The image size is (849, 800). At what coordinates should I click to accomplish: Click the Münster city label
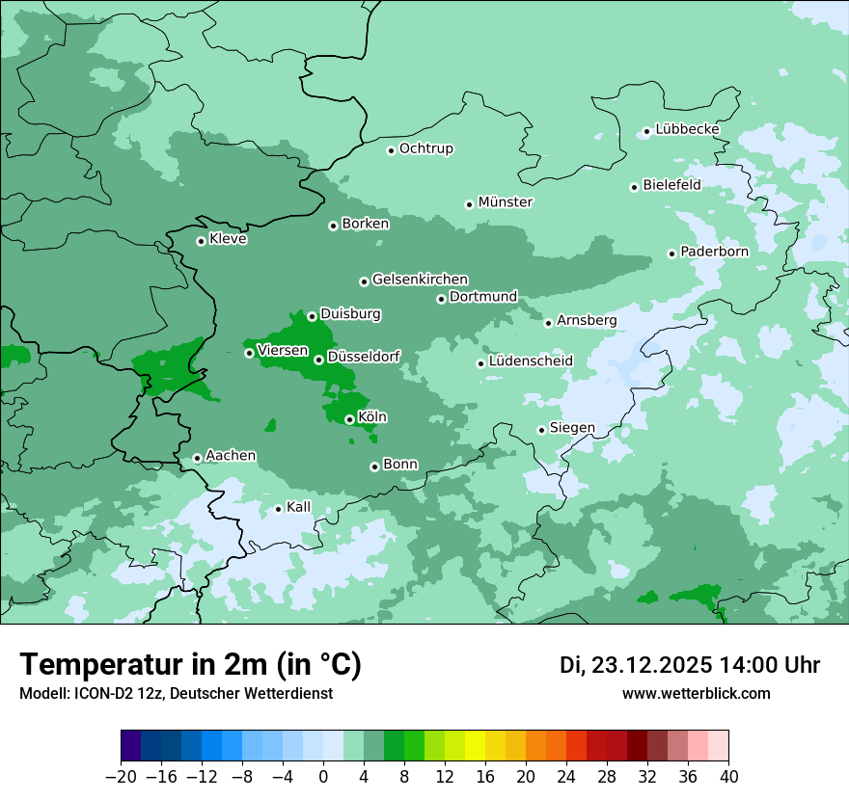click(506, 202)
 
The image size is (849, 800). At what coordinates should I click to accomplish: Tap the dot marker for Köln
click(349, 419)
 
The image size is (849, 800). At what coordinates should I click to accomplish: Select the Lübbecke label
click(687, 129)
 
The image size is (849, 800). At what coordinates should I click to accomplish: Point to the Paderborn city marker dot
click(671, 253)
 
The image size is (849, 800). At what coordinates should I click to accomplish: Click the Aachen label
click(231, 456)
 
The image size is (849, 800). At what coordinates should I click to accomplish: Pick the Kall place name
click(298, 507)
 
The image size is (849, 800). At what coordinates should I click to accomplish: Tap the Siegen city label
click(572, 428)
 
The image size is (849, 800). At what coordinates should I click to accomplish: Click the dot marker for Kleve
click(201, 241)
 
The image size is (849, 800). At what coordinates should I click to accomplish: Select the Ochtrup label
click(425, 148)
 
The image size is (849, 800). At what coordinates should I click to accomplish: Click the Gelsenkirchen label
click(420, 280)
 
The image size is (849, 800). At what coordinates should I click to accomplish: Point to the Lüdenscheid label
click(531, 361)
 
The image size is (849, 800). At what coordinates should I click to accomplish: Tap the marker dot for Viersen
click(249, 353)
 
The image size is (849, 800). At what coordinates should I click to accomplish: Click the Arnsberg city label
click(587, 320)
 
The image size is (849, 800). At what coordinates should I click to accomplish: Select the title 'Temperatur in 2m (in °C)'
click(190, 665)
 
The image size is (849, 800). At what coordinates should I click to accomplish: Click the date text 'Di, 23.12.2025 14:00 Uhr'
click(689, 665)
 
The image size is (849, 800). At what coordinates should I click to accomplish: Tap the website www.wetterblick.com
click(696, 694)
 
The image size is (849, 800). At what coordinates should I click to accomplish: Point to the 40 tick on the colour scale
click(728, 777)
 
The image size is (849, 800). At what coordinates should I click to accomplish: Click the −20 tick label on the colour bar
click(122, 777)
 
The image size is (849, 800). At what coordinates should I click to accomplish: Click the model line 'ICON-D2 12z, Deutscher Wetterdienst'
click(176, 694)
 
